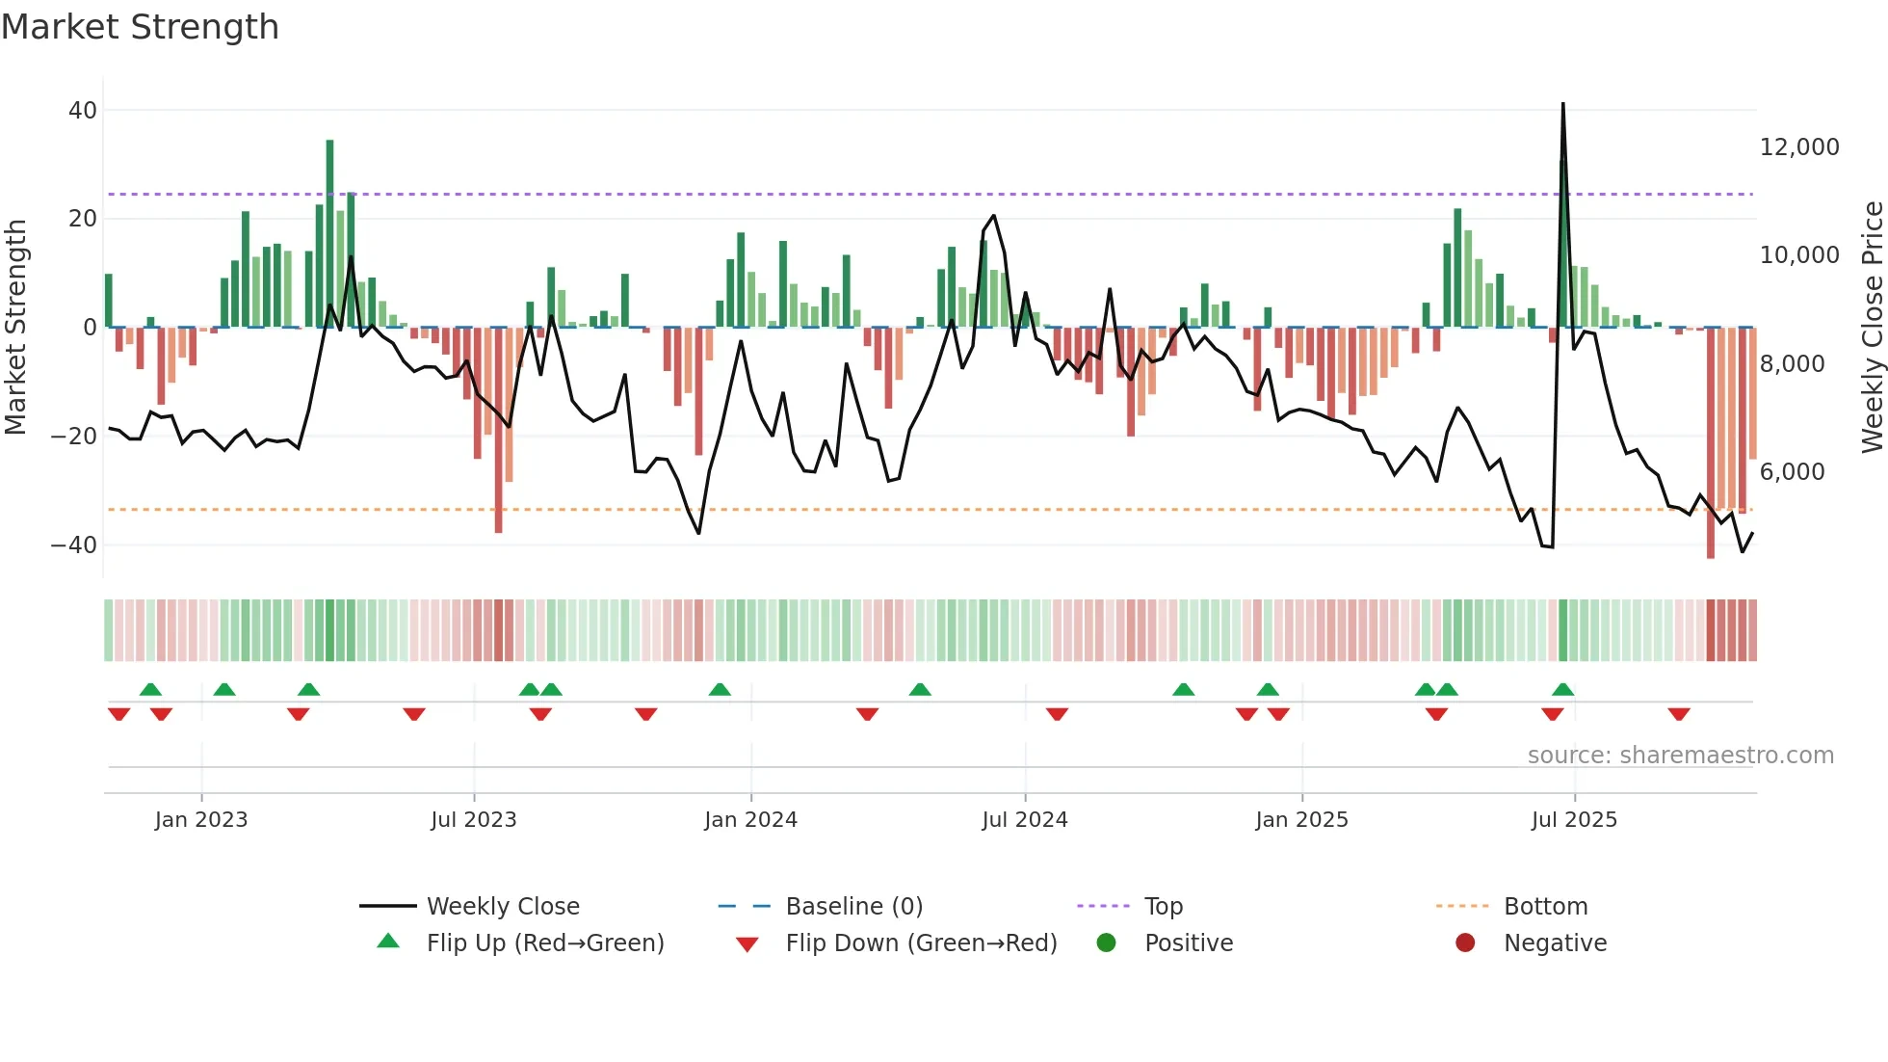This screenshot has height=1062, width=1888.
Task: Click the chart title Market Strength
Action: point(140,27)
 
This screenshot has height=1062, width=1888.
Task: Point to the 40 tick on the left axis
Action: point(83,111)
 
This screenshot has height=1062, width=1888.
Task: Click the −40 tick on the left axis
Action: point(74,545)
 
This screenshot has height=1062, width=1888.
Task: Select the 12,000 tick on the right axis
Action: point(1799,147)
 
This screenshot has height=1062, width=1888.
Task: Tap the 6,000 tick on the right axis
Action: point(1792,472)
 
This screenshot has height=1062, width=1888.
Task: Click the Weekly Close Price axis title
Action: point(1872,328)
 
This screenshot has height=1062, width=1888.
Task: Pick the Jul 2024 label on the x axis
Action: point(1024,820)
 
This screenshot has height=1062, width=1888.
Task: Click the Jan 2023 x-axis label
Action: point(201,820)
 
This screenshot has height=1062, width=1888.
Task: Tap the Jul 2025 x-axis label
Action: point(1574,820)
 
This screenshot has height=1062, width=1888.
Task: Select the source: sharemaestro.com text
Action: point(1680,756)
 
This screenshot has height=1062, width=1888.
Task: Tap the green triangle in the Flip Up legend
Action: point(388,942)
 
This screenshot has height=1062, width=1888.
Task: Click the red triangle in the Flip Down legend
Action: point(747,944)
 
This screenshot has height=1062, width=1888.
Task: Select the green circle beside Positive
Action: point(1106,943)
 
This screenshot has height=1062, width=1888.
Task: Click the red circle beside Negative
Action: point(1465,943)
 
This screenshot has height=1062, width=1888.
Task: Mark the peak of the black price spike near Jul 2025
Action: point(1562,104)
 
